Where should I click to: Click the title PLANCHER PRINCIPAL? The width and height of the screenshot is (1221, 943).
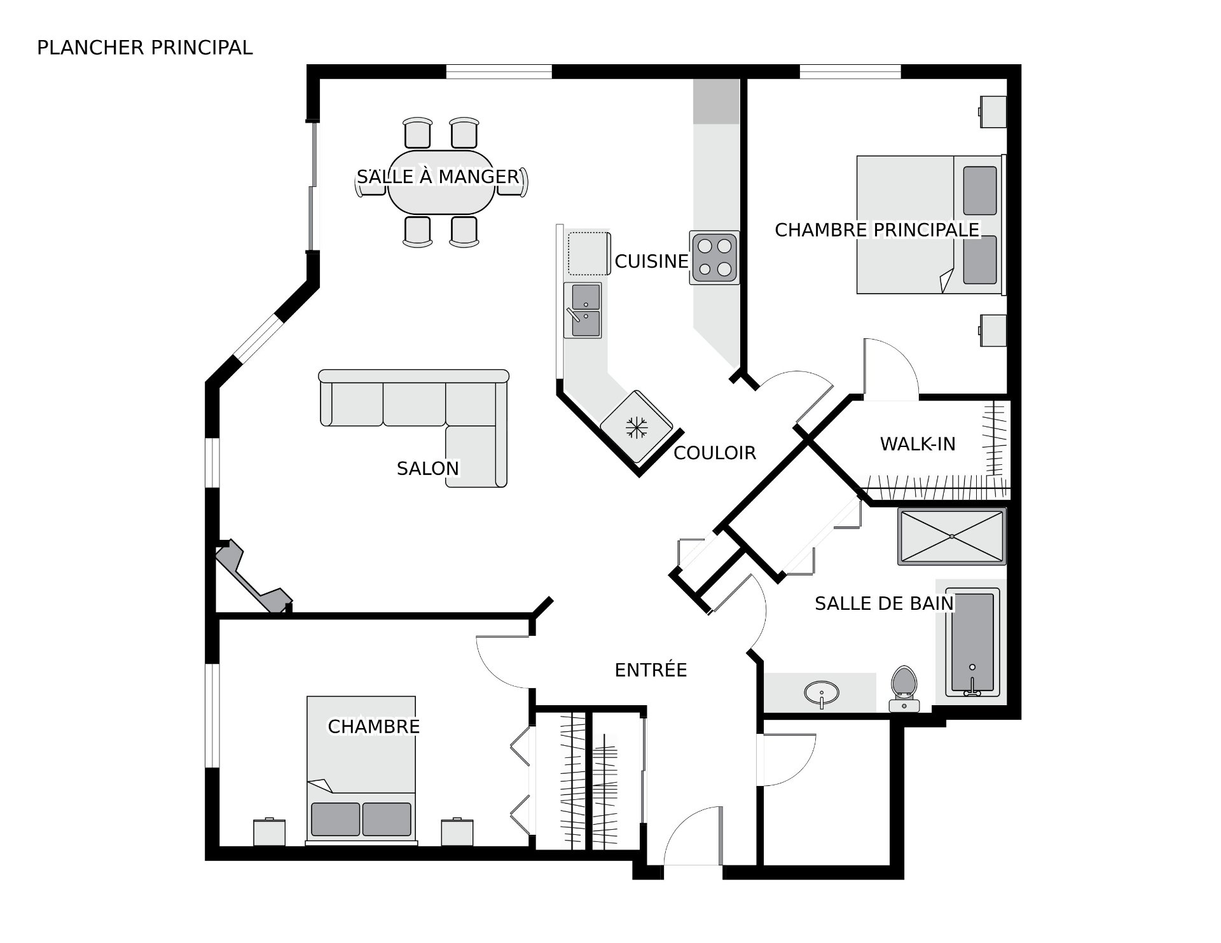(145, 48)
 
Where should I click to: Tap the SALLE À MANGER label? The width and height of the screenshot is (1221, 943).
(438, 176)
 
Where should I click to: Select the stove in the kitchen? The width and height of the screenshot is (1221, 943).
(714, 257)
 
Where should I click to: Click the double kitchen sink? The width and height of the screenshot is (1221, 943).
(583, 310)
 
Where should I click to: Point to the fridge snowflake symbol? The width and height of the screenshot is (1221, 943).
(635, 427)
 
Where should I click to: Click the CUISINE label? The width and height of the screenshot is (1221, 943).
(651, 261)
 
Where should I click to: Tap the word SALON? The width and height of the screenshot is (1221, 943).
(427, 469)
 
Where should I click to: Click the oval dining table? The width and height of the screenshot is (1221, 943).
(441, 182)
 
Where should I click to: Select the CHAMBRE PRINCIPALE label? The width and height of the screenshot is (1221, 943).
(877, 230)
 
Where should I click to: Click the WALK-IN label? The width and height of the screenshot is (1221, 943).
(918, 444)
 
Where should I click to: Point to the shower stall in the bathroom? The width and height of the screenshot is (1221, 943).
(951, 536)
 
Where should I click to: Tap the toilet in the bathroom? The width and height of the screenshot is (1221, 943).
(904, 689)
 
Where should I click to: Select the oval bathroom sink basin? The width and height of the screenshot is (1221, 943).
(821, 691)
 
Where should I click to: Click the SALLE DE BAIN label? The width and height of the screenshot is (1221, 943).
(884, 603)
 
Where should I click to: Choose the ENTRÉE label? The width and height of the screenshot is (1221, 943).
(651, 670)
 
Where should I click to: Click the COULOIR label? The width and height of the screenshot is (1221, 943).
(715, 453)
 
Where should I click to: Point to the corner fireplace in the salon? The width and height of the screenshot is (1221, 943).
(253, 576)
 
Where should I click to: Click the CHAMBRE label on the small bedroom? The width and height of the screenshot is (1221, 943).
(373, 726)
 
